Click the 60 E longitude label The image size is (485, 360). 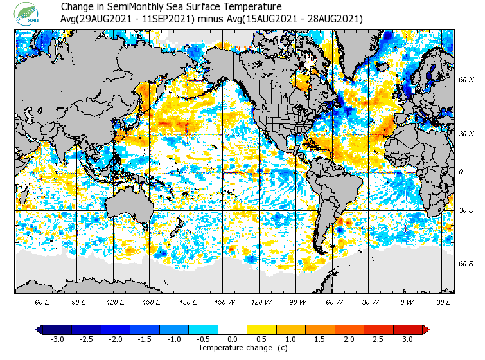[42, 301]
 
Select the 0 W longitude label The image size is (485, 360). [407, 301]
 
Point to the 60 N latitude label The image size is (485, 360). [466, 80]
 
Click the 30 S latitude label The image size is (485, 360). [466, 211]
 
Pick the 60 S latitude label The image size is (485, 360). [466, 264]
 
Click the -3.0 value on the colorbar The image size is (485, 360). [57, 339]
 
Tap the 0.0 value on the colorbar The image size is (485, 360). [233, 339]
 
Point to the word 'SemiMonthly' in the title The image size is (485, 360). [137, 8]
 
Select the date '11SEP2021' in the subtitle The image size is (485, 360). [171, 19]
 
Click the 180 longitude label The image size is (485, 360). [189, 301]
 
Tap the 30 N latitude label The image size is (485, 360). [466, 134]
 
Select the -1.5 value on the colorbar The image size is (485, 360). [145, 339]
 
